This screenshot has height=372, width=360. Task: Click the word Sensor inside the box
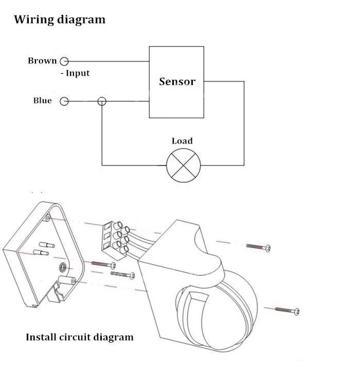pyautogui.click(x=177, y=81)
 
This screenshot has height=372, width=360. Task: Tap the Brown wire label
pyautogui.click(x=42, y=61)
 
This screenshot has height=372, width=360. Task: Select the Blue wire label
pyautogui.click(x=43, y=100)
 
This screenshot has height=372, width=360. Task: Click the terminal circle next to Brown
pyautogui.click(x=64, y=61)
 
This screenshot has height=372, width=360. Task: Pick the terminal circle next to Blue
pyautogui.click(x=64, y=101)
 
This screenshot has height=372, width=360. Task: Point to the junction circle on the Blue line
pyautogui.click(x=102, y=101)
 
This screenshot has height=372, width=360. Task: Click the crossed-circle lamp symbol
pyautogui.click(x=183, y=165)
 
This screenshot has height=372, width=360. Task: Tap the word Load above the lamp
pyautogui.click(x=182, y=141)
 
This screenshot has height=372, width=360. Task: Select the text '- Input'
pyautogui.click(x=75, y=73)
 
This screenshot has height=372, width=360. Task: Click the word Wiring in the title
pyautogui.click(x=34, y=20)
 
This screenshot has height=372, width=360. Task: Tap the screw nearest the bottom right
pyautogui.click(x=287, y=310)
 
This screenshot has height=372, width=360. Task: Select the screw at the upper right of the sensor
pyautogui.click(x=258, y=247)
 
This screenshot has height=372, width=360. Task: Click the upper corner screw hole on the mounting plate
pyautogui.click(x=48, y=217)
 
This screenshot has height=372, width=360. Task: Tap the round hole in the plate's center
pyautogui.click(x=63, y=268)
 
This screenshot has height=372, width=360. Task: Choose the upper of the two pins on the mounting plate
pyautogui.click(x=47, y=245)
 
